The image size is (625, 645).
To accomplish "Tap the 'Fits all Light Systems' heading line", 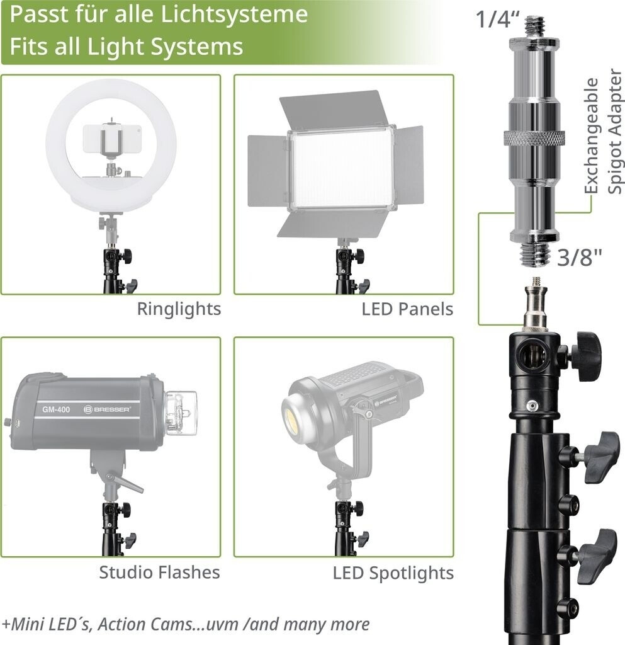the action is (x=126, y=47).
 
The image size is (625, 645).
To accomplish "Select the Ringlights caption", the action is (x=179, y=309).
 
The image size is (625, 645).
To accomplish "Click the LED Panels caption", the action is (x=407, y=309).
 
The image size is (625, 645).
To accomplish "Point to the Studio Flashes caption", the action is (x=159, y=572).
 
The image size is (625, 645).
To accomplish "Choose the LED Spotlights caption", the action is (x=393, y=573).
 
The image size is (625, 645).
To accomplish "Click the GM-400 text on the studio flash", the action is (x=56, y=410).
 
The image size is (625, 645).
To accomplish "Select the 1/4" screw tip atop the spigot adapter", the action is (x=533, y=26).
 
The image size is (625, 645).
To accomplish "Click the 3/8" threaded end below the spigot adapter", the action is (x=533, y=254).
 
